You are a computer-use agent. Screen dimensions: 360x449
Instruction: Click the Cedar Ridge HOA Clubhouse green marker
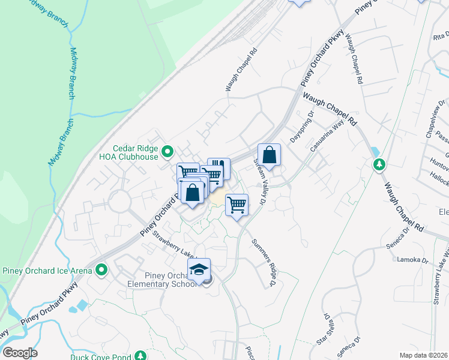pos(168,151)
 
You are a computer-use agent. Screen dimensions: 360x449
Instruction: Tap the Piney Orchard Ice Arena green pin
pos(101,271)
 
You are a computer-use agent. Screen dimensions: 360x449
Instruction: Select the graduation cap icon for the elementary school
pos(199,270)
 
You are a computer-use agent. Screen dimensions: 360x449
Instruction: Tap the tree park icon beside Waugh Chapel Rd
pos(379,164)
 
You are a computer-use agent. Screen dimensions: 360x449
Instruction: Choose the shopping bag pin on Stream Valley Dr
pos(270,155)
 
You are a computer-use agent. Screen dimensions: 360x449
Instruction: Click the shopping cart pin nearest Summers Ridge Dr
pos(237,205)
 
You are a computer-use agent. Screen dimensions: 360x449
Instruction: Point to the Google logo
pos(20,353)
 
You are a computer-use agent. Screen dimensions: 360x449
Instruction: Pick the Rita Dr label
pos(440,37)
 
